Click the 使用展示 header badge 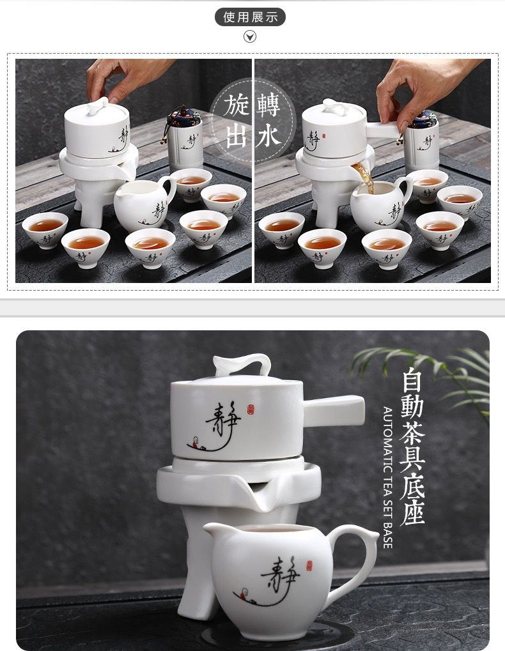point(250,17)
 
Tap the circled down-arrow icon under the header point(249,37)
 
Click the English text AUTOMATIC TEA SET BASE point(387,477)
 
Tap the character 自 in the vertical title point(412,381)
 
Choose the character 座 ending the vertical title point(412,511)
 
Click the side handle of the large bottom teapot point(334,411)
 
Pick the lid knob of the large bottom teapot point(242,364)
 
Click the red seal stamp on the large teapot point(251,409)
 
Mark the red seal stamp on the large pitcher point(309,565)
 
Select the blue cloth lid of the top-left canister point(184,116)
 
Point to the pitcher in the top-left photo point(145,203)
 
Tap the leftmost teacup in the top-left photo point(45,229)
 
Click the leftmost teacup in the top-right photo point(281,230)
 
